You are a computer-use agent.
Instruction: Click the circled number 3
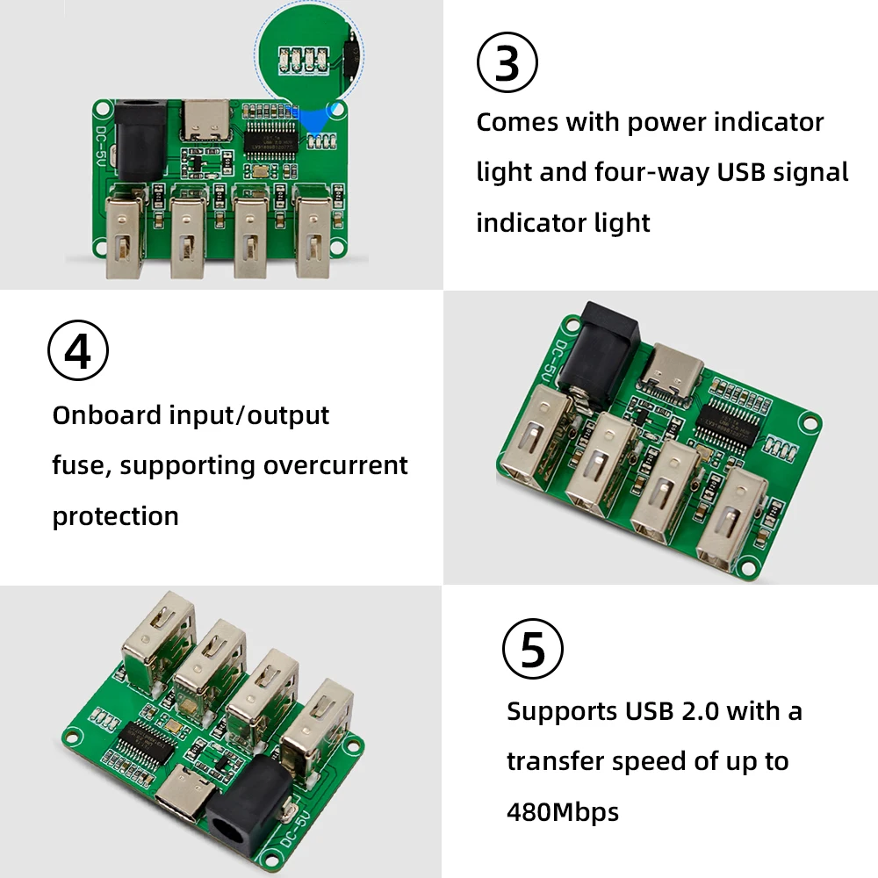click(507, 62)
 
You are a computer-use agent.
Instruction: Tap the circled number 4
click(77, 351)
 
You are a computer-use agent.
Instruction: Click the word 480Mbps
click(563, 812)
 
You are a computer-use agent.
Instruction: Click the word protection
click(115, 515)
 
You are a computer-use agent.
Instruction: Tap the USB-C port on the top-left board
click(205, 120)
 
